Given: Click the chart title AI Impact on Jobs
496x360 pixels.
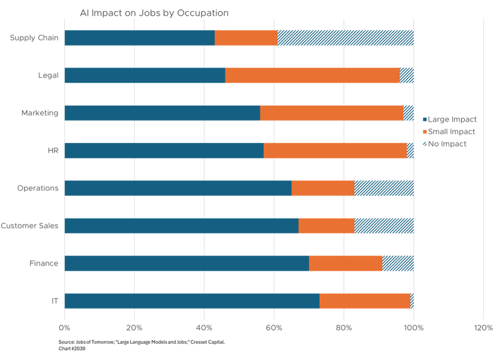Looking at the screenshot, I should pyautogui.click(x=154, y=13).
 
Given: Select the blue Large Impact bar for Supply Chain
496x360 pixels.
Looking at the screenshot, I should pyautogui.click(x=139, y=38).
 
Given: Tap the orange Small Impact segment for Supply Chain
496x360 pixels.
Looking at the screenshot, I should pyautogui.click(x=246, y=38).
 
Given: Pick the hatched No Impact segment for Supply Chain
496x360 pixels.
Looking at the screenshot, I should pyautogui.click(x=345, y=38).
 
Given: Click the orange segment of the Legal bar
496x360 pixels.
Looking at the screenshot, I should pyautogui.click(x=312, y=76).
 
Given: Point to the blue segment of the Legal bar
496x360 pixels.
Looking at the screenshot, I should pyautogui.click(x=145, y=76).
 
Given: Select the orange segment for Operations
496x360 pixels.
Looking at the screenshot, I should pyautogui.click(x=322, y=188).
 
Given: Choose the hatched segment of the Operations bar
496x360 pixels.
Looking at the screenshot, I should pyautogui.click(x=384, y=188).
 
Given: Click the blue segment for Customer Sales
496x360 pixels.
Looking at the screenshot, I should pyautogui.click(x=181, y=226).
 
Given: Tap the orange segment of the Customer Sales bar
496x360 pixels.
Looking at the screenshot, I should pyautogui.click(x=326, y=226).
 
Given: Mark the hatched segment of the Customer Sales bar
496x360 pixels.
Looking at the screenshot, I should pyautogui.click(x=384, y=226).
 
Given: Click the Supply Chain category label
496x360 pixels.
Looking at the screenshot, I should pyautogui.click(x=34, y=38).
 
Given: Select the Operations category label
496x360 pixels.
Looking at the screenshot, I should pyautogui.click(x=38, y=188).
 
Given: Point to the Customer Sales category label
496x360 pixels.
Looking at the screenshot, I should pyautogui.click(x=30, y=226).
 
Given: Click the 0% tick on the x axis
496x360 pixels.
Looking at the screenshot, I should pyautogui.click(x=65, y=328).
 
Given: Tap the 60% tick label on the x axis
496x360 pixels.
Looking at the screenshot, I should pyautogui.click(x=274, y=328).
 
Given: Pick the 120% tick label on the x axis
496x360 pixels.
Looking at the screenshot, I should pyautogui.click(x=483, y=328).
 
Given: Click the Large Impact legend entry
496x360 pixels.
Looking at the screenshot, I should pyautogui.click(x=449, y=119).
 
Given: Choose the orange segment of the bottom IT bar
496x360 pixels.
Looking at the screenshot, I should pyautogui.click(x=364, y=301).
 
